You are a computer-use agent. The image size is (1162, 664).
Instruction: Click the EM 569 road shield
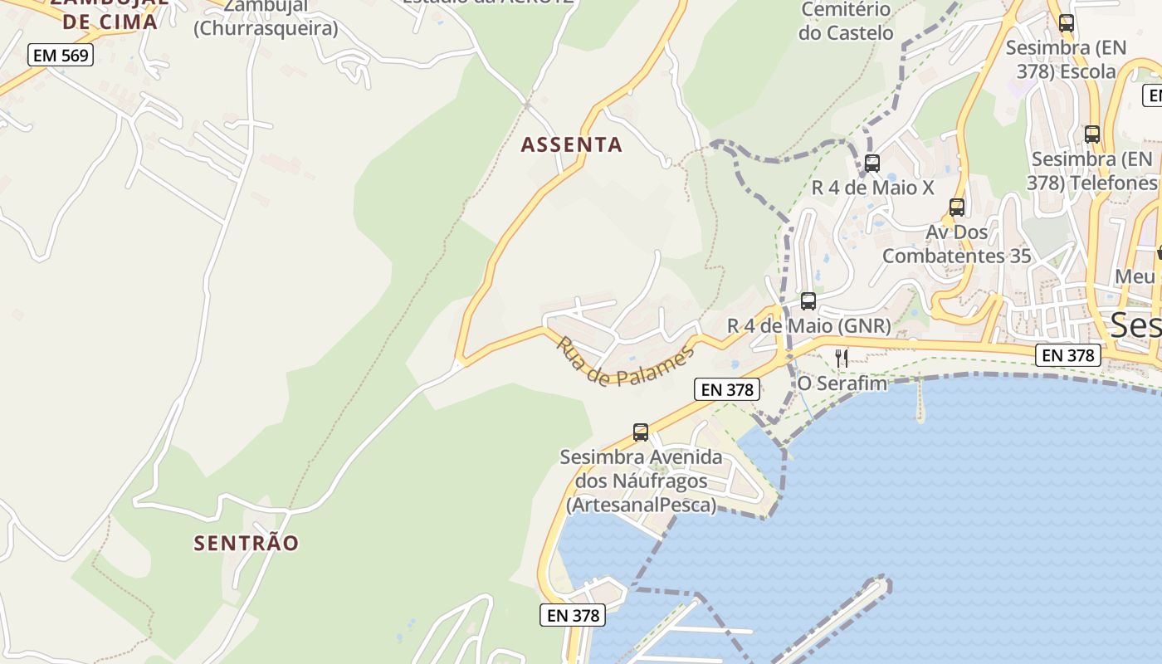[61, 56]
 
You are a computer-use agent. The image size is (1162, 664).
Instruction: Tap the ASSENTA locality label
[571, 144]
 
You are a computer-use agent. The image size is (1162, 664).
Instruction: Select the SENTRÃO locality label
[246, 543]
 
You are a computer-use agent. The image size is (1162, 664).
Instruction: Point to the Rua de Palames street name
[624, 362]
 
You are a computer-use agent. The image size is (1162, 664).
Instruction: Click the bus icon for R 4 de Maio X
[871, 164]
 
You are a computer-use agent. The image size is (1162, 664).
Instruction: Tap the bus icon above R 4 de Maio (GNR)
[808, 301]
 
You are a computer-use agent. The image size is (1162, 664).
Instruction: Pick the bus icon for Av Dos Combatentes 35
[957, 207]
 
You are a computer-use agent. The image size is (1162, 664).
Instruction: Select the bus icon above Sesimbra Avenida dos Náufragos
[641, 432]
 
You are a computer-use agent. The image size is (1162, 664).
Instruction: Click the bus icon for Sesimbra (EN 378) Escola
[1067, 23]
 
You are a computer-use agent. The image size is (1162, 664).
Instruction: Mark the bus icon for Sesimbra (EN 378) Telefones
[1092, 134]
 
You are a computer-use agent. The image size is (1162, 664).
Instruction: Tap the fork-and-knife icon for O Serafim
[842, 358]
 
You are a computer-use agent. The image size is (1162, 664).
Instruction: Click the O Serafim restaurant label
[842, 383]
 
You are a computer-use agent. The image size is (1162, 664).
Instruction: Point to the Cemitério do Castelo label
[846, 22]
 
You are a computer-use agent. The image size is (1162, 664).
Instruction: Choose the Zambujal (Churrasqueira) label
[266, 17]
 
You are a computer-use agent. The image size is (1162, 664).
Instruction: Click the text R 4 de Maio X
[872, 188]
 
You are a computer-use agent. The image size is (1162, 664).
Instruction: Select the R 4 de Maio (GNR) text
[808, 325]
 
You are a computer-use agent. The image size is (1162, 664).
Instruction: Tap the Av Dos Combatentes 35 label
[956, 243]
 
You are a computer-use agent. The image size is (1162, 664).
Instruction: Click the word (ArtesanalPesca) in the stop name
[641, 505]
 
